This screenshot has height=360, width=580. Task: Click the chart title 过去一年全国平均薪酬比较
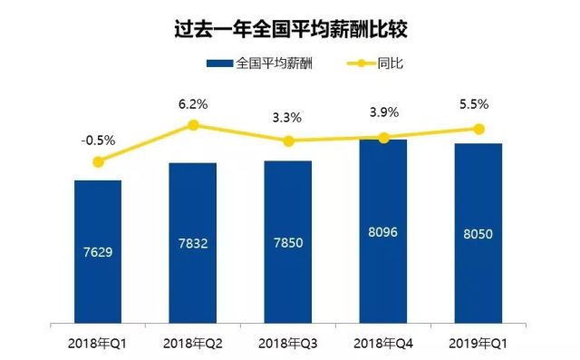pyautogui.click(x=291, y=29)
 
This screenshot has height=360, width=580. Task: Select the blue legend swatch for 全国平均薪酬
pyautogui.click(x=219, y=63)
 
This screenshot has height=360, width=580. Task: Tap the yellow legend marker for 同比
pyautogui.click(x=361, y=63)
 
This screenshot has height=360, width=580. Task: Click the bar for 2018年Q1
pyautogui.click(x=98, y=252)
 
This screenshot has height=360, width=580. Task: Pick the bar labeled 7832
pyautogui.click(x=193, y=243)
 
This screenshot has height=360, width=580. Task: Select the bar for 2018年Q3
pyautogui.click(x=288, y=242)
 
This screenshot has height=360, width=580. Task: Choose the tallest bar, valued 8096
pyautogui.click(x=383, y=231)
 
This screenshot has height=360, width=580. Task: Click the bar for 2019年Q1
pyautogui.click(x=478, y=233)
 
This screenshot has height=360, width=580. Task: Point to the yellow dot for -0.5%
pyautogui.click(x=98, y=161)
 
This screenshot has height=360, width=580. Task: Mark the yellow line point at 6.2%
pyautogui.click(x=193, y=125)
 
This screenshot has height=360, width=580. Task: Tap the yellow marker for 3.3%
pyautogui.click(x=288, y=141)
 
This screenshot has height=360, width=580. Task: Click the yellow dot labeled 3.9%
pyautogui.click(x=384, y=138)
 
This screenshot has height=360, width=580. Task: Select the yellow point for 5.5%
pyautogui.click(x=479, y=129)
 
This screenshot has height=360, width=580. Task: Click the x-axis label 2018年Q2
pyautogui.click(x=193, y=344)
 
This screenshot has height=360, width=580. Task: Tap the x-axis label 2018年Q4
pyautogui.click(x=383, y=344)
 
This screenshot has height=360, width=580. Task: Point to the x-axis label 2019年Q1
pyautogui.click(x=478, y=344)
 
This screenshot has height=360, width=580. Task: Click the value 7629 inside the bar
pyautogui.click(x=98, y=252)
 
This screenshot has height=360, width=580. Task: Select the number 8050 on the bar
pyautogui.click(x=478, y=234)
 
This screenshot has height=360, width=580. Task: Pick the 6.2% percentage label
pyautogui.click(x=193, y=104)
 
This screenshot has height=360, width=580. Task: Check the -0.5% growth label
pyautogui.click(x=98, y=141)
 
